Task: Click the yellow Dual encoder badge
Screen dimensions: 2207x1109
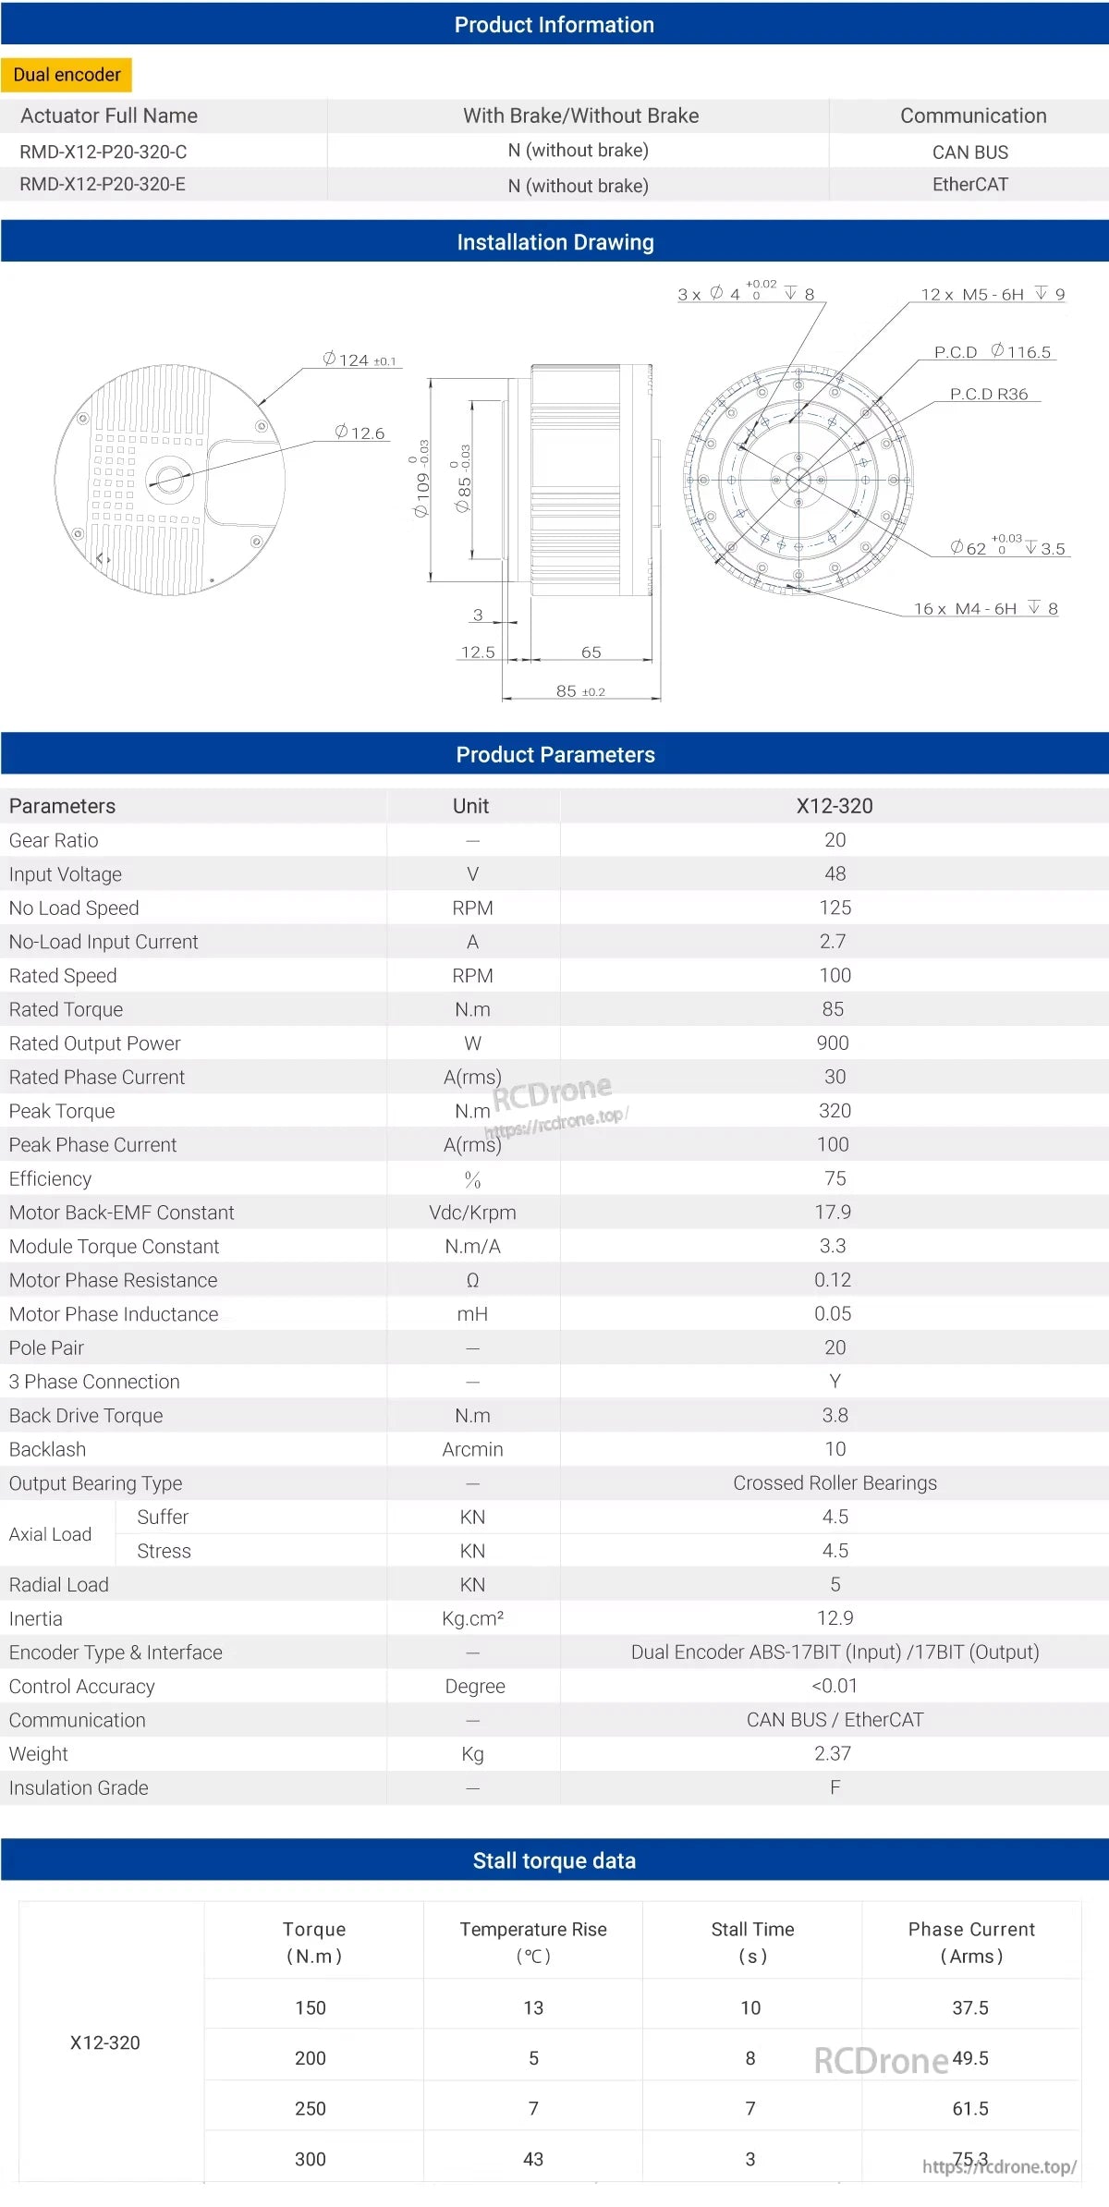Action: click(x=67, y=75)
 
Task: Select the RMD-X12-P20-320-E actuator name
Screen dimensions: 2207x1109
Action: click(x=103, y=184)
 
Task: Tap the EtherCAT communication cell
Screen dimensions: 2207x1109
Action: click(x=969, y=184)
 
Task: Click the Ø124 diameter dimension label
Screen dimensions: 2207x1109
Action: click(x=359, y=360)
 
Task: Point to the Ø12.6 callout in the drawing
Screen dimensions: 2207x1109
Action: click(x=360, y=433)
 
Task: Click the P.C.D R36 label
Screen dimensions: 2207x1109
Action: click(x=988, y=394)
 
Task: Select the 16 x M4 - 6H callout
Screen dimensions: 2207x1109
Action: click(x=985, y=608)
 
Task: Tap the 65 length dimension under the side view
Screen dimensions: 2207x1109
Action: click(x=591, y=652)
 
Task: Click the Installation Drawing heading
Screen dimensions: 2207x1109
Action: click(x=554, y=242)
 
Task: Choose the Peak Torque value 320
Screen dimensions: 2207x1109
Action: click(x=835, y=1110)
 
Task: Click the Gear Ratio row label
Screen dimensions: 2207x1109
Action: click(x=54, y=840)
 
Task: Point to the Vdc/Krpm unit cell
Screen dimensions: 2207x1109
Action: click(x=472, y=1212)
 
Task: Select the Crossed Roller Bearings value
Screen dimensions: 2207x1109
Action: click(x=835, y=1482)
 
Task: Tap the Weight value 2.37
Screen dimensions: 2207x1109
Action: click(x=833, y=1753)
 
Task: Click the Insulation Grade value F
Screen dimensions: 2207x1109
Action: click(x=835, y=1787)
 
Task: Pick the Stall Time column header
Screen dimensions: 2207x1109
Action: click(x=752, y=1942)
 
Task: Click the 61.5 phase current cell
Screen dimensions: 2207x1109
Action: click(x=970, y=2108)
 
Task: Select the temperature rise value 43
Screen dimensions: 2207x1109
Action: click(x=533, y=2159)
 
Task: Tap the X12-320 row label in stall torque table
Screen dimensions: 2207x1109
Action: click(x=105, y=2042)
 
